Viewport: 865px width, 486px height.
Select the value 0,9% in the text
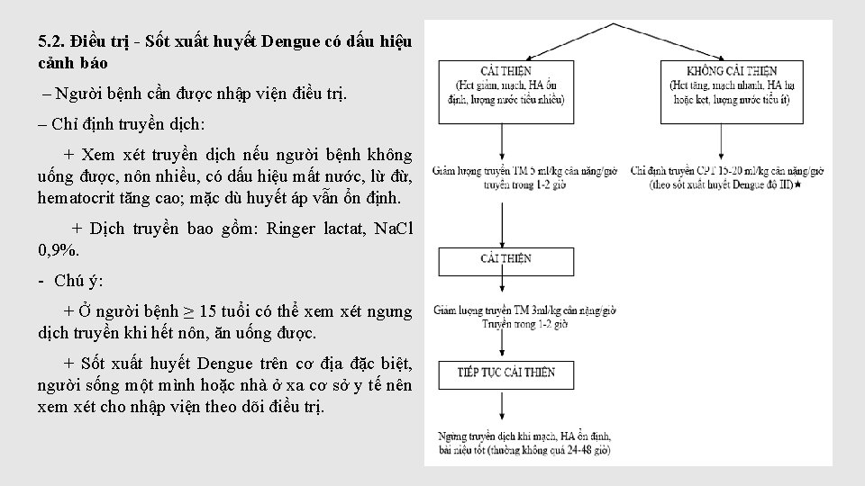click(59, 248)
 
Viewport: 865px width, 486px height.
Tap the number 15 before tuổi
click(207, 311)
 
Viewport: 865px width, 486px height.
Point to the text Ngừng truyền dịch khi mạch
click(505, 435)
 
